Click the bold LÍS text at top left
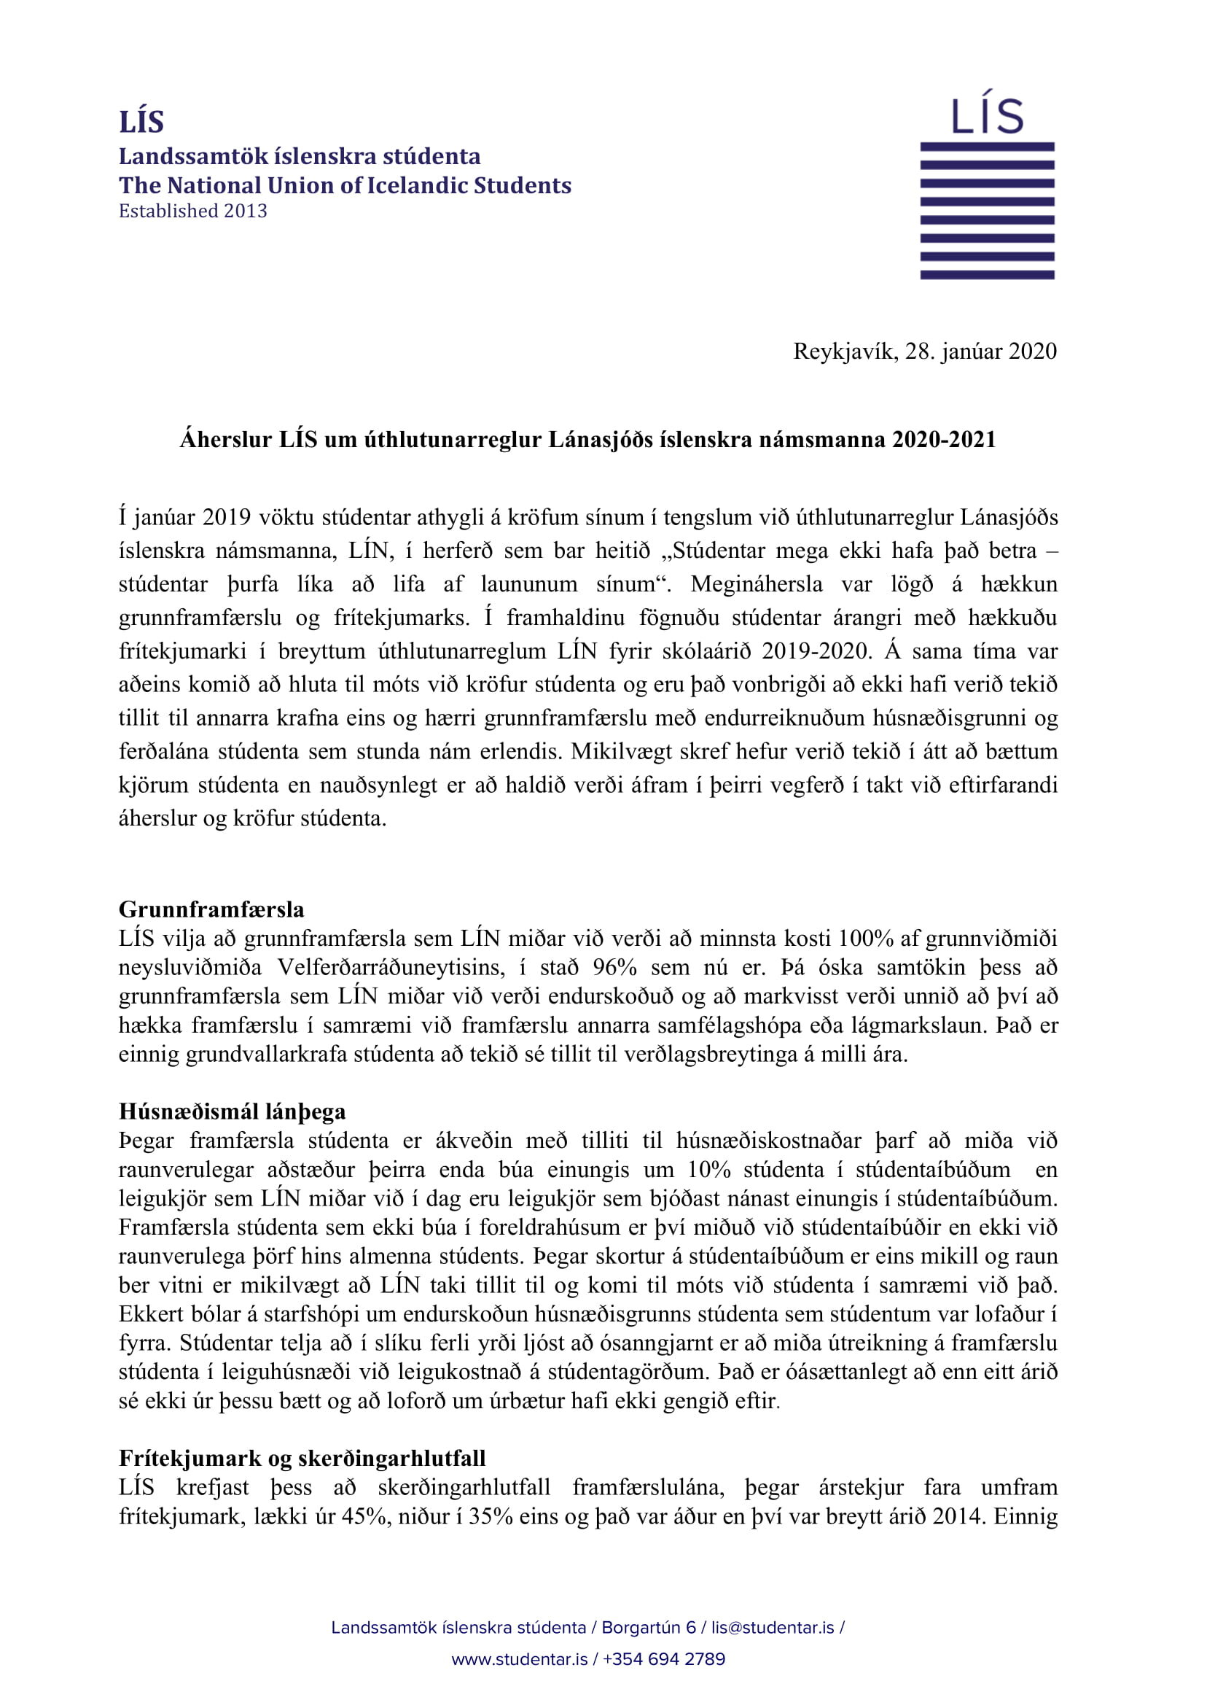click(141, 122)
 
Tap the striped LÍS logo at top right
click(987, 186)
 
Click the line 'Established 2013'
click(192, 211)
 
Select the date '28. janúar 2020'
click(980, 351)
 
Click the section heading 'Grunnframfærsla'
click(211, 909)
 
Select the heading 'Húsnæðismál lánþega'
click(232, 1111)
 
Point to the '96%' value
click(615, 967)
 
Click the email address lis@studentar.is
click(773, 1628)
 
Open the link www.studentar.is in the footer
click(519, 1659)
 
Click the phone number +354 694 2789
click(664, 1659)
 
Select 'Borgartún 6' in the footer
click(649, 1628)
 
